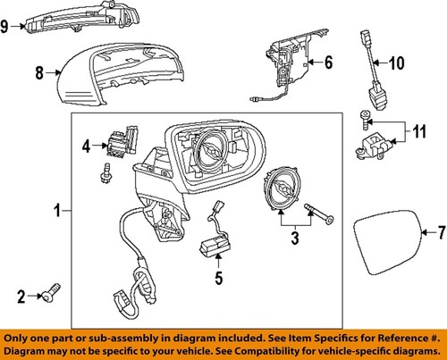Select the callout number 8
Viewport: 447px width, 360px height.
pos(38,76)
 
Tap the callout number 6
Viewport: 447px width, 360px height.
pos(328,63)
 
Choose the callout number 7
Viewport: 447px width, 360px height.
pos(439,233)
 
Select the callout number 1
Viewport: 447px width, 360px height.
pos(56,212)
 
